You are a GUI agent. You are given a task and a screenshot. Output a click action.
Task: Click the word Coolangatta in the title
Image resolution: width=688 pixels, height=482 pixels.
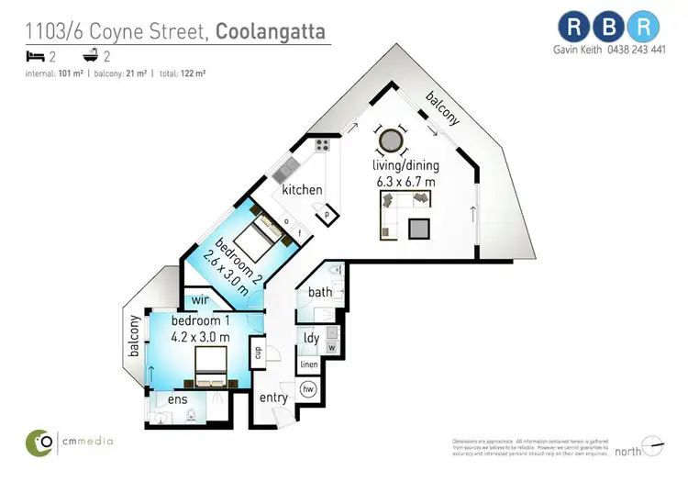270,32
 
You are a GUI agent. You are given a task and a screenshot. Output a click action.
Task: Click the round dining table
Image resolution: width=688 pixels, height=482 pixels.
392,140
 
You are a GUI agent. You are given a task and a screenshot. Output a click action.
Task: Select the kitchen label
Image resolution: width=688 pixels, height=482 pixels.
302,190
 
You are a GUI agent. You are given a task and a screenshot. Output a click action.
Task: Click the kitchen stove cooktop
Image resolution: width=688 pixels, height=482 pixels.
323,145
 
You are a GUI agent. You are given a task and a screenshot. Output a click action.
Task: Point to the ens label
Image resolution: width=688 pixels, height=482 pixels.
176,399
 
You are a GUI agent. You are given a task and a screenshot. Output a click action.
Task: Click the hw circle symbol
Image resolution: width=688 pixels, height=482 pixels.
309,389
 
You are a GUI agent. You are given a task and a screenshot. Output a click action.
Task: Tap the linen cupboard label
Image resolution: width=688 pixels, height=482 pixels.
309,365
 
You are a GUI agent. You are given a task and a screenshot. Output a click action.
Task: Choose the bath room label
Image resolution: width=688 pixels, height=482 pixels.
320,293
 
